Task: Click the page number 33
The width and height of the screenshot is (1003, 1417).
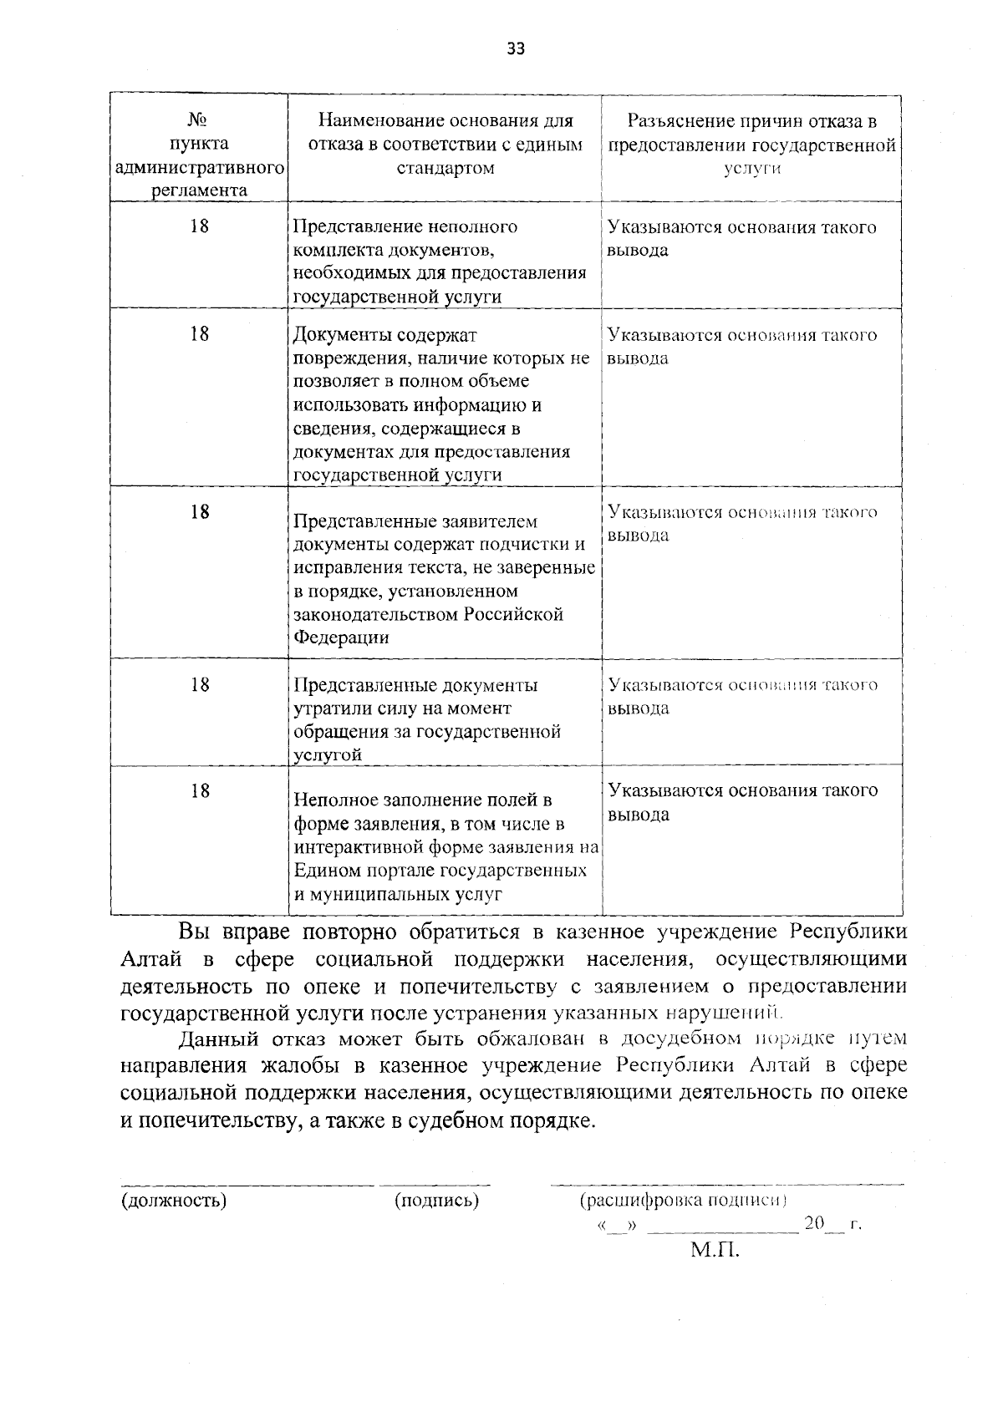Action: (516, 48)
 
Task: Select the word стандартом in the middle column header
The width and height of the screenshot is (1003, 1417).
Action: (445, 168)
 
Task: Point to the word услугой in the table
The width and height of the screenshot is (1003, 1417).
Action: (328, 754)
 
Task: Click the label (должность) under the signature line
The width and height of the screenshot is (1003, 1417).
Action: (174, 1201)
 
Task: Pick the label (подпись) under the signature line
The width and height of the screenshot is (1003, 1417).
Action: (436, 1201)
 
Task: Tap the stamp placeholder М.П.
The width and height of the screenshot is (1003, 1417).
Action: (715, 1250)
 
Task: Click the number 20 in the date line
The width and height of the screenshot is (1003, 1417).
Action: (813, 1225)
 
